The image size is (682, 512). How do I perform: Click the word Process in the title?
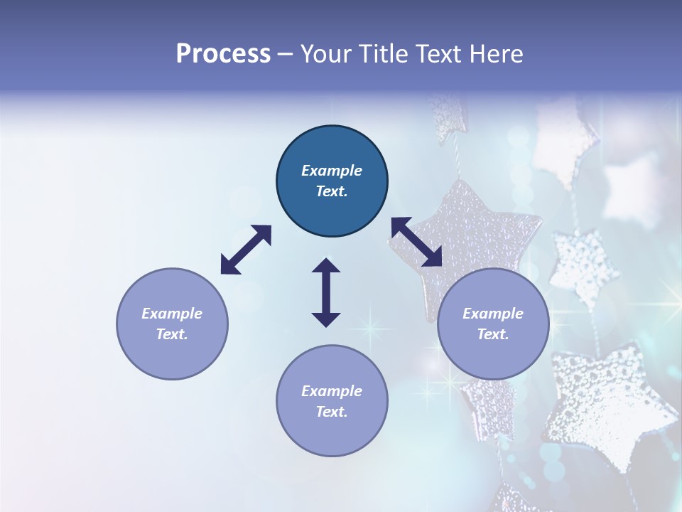[x=223, y=54]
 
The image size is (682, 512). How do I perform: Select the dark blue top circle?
[x=332, y=181]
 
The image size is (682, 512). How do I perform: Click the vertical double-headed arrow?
[x=326, y=293]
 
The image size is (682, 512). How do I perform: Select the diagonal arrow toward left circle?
[x=246, y=250]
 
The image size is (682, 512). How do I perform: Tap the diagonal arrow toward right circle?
[x=417, y=242]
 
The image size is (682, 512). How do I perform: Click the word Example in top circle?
[x=332, y=171]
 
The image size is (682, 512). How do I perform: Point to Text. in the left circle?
[x=172, y=334]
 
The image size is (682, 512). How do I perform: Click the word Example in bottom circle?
[x=332, y=391]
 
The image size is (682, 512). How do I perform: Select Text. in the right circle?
[x=493, y=334]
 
